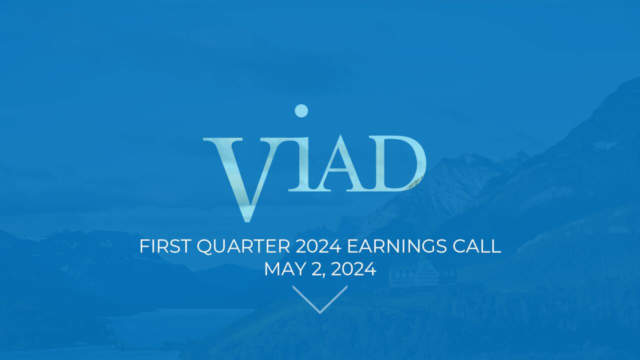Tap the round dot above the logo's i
pos(301,111)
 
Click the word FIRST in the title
pos(165,246)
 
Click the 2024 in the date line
pos(353,269)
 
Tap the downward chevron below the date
pos(320,299)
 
